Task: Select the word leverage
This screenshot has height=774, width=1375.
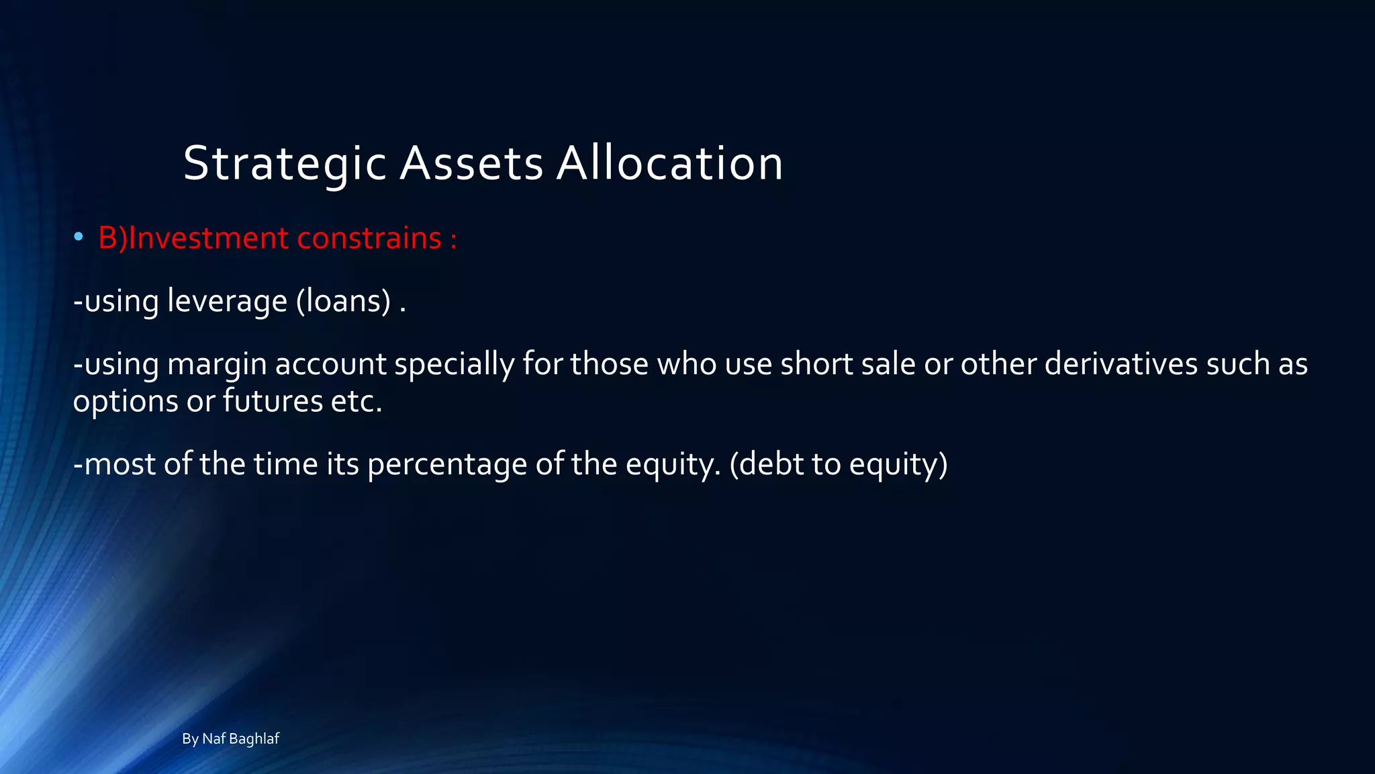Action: pos(227,300)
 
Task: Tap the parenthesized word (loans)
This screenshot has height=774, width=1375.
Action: pos(343,300)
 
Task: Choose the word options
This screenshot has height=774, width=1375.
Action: pos(126,402)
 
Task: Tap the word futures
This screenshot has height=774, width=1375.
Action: pos(273,401)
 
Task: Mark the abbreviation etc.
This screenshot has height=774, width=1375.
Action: pos(357,402)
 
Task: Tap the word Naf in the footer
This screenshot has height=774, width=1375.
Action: pos(214,739)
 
